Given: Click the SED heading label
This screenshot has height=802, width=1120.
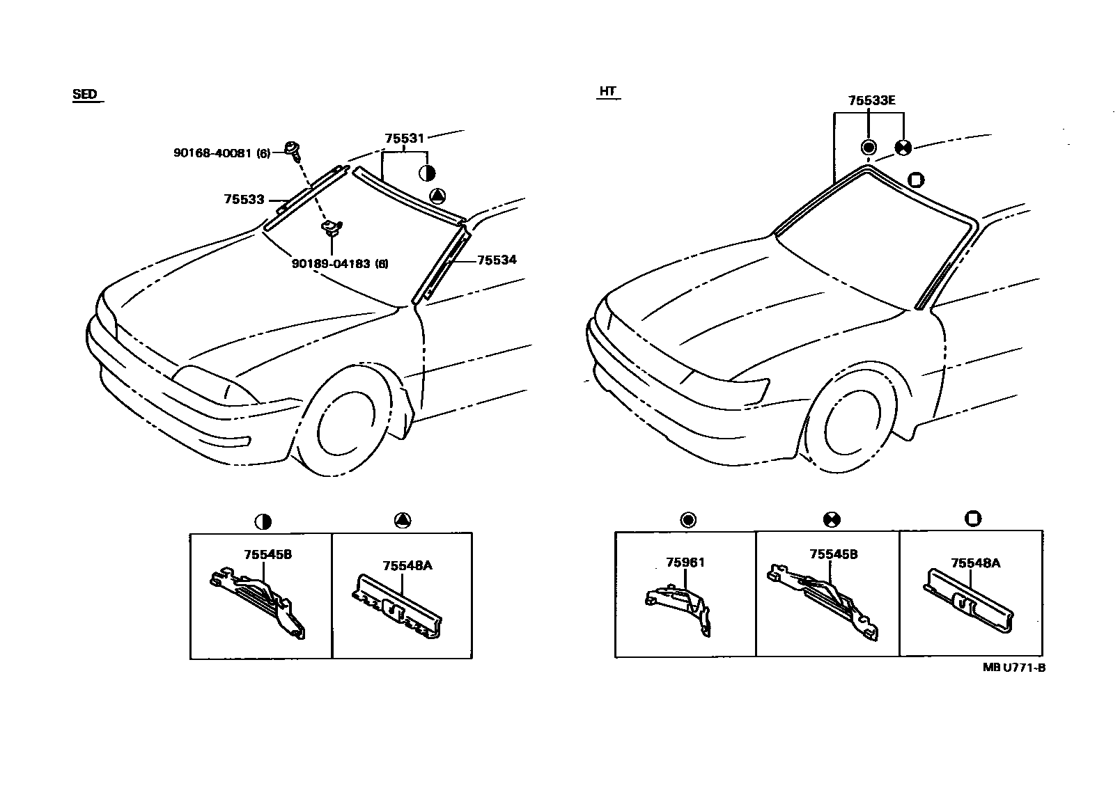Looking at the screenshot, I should pyautogui.click(x=85, y=95).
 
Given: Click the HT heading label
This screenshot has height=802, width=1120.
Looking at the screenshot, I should pyautogui.click(x=607, y=91).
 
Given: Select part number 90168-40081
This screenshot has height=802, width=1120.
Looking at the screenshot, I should pyautogui.click(x=221, y=152).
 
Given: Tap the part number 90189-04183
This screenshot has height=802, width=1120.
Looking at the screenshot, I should pyautogui.click(x=340, y=264).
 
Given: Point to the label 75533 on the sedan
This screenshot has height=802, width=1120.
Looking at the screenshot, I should pyautogui.click(x=244, y=200).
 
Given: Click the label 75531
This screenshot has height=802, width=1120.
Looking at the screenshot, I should pyautogui.click(x=404, y=139).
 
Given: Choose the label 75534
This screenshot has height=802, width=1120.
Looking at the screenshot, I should pyautogui.click(x=497, y=260).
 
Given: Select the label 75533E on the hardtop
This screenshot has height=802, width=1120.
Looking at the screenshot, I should pyautogui.click(x=871, y=101).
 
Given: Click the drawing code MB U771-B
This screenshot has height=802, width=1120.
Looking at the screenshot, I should pyautogui.click(x=1013, y=667).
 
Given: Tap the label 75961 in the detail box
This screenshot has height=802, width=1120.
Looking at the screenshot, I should pyautogui.click(x=685, y=563).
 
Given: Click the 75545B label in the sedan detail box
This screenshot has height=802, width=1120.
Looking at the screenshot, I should pyautogui.click(x=267, y=555).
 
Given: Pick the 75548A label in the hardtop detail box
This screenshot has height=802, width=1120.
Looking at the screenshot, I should pyautogui.click(x=975, y=563).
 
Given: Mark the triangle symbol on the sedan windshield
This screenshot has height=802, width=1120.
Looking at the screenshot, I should pyautogui.click(x=437, y=196).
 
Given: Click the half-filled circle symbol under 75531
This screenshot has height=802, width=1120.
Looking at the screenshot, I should pyautogui.click(x=427, y=173).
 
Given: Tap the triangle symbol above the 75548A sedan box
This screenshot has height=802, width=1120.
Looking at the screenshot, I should pyautogui.click(x=402, y=520).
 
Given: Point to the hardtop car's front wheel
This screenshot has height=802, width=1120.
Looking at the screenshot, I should pyautogui.click(x=853, y=425).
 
